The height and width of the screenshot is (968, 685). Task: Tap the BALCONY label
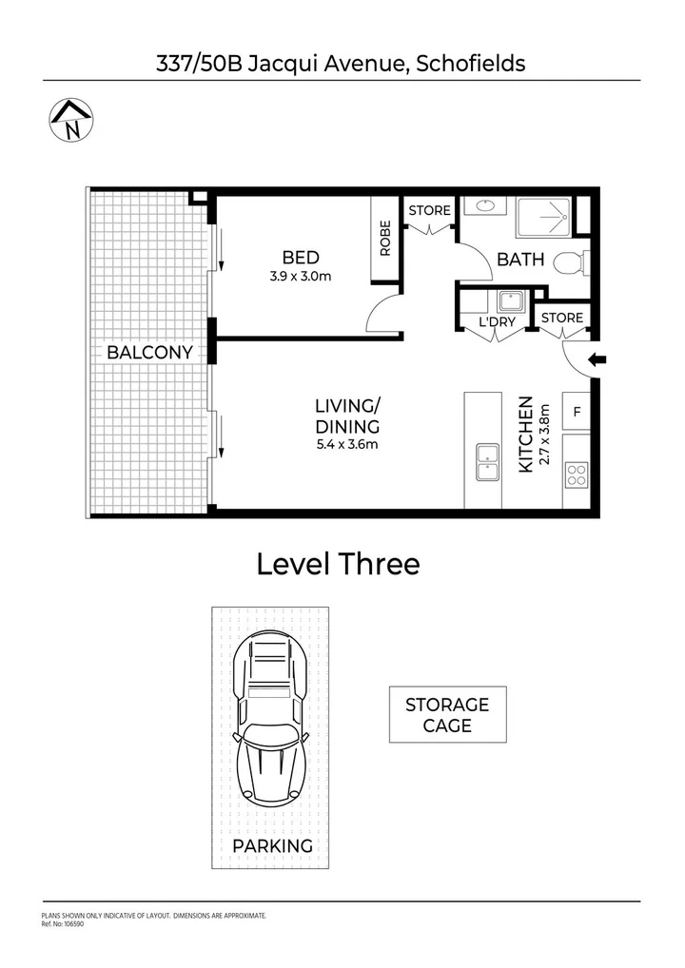point(149,352)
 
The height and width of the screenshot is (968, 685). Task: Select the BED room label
point(300,258)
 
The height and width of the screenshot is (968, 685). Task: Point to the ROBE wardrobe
point(385,240)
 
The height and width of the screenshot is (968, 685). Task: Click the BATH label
point(520,259)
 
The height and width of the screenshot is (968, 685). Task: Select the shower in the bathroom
point(543,218)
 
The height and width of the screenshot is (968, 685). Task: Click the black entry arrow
point(597,359)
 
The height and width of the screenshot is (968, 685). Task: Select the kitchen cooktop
point(577,474)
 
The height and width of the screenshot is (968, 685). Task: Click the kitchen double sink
point(487,462)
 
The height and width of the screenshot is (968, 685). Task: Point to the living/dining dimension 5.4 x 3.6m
point(347,445)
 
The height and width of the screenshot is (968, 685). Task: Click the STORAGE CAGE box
point(447,714)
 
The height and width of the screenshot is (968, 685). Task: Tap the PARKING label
point(272,845)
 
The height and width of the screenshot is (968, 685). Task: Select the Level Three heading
point(338,564)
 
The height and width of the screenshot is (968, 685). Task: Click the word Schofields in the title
point(472,64)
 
